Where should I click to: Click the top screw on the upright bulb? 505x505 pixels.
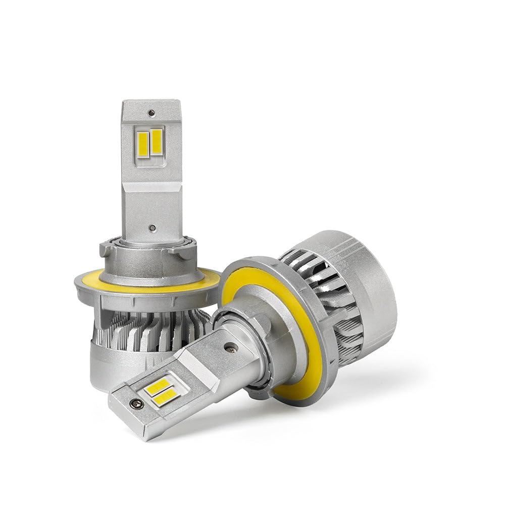pos(151,112)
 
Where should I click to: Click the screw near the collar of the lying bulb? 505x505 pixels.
pos(231,348)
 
